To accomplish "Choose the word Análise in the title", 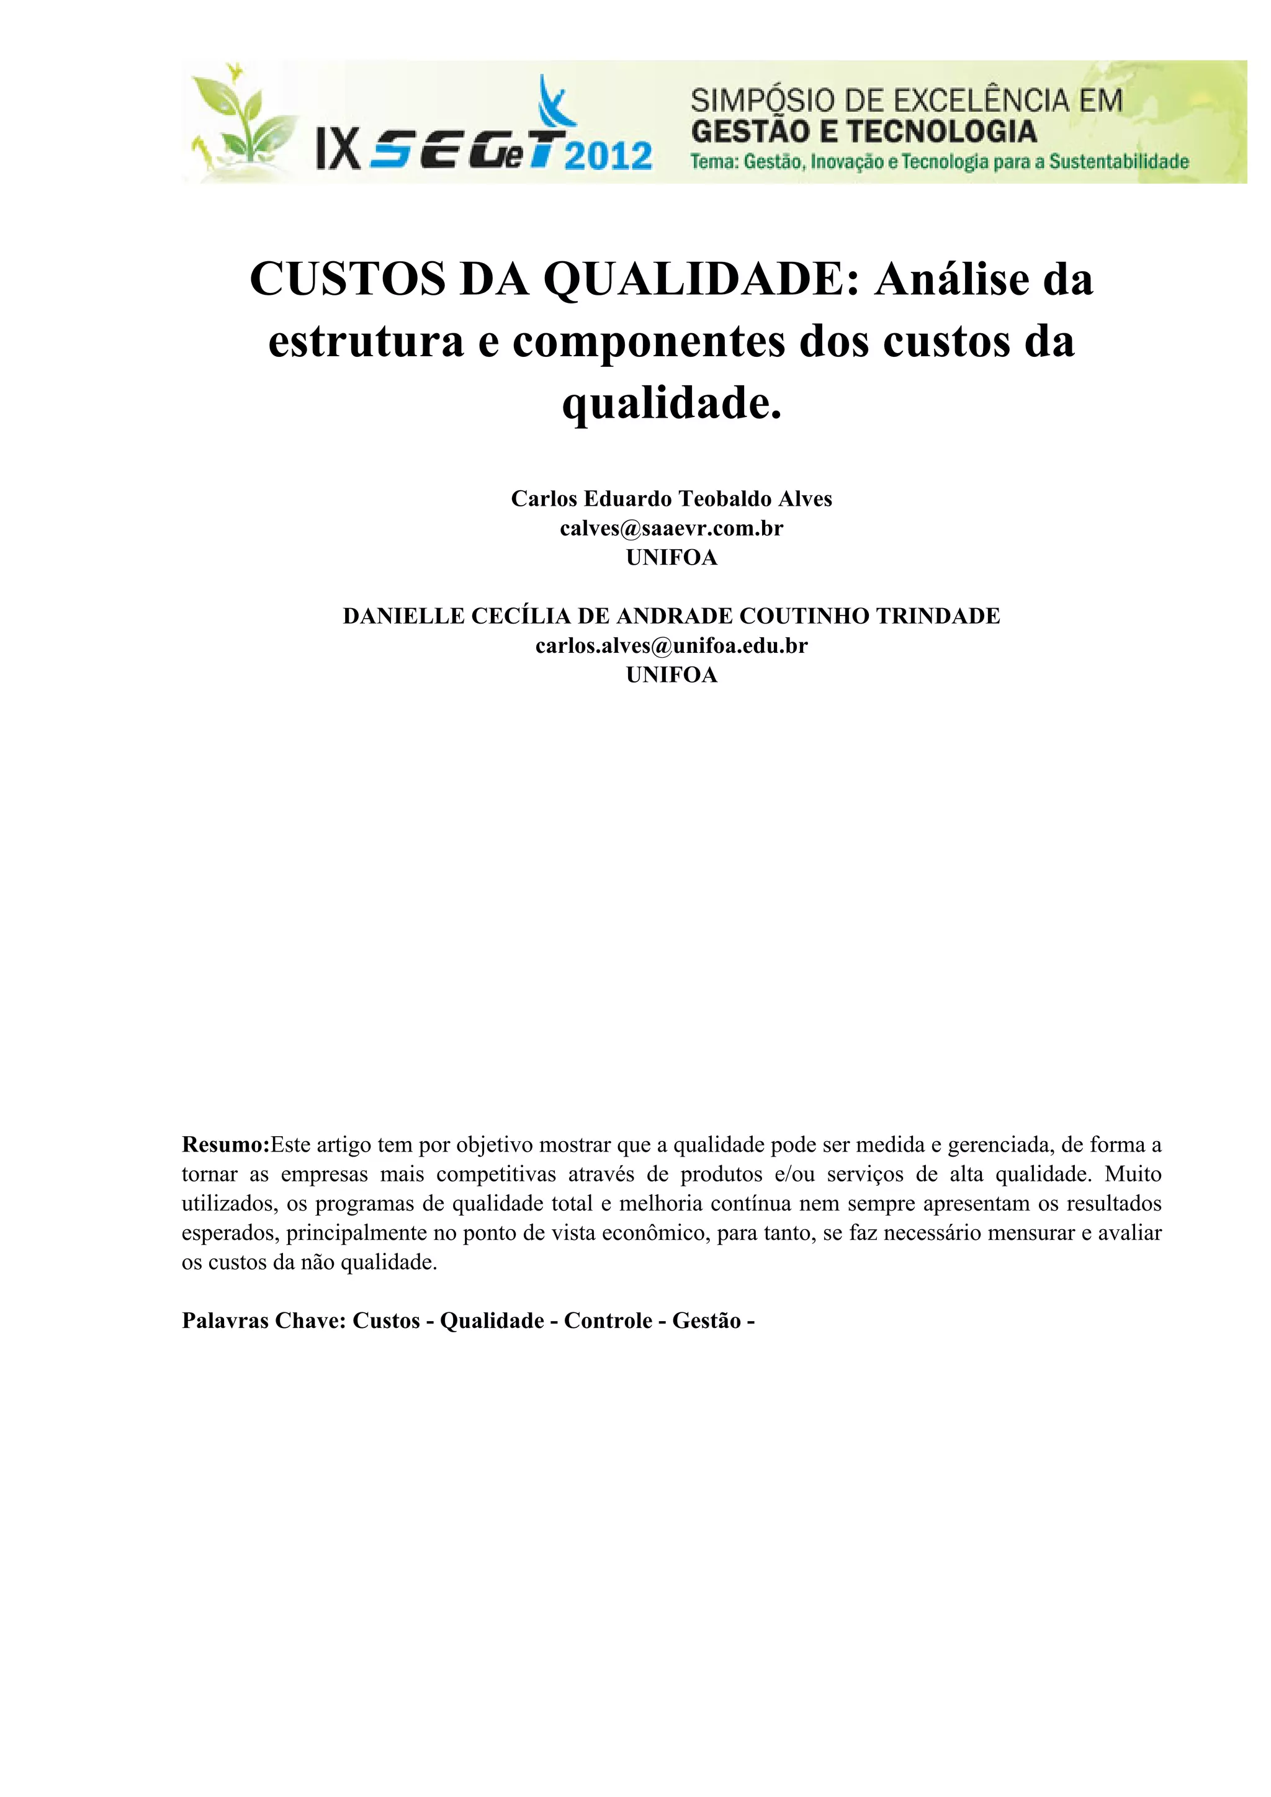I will click(956, 279).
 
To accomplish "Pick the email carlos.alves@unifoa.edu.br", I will click(671, 646).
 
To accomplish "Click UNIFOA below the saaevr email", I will click(671, 557).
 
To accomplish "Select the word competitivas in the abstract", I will click(496, 1175).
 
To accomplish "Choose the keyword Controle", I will click(608, 1321).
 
